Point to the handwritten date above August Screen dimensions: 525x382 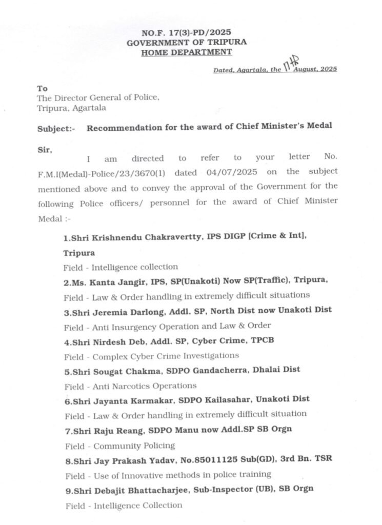tap(291, 64)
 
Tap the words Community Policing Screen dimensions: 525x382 tap(134, 445)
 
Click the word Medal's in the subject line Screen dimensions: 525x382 tap(318, 127)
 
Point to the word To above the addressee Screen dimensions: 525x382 tap(42, 88)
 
